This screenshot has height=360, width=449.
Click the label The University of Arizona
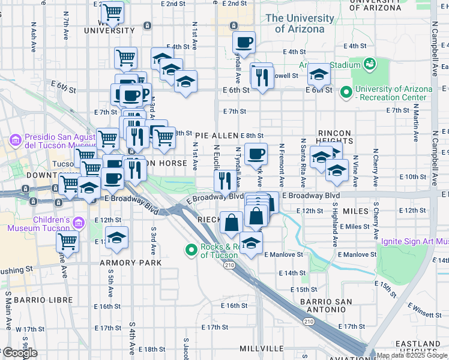pyautogui.click(x=300, y=23)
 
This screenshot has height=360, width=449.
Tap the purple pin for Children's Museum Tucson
pyautogui.click(x=77, y=223)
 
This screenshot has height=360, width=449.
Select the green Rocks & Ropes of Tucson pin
pyautogui.click(x=191, y=249)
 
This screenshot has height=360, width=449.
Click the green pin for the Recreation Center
pyautogui.click(x=345, y=92)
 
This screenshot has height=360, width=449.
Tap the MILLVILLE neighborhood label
pyautogui.click(x=262, y=349)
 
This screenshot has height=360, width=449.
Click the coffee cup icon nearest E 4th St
pyautogui.click(x=244, y=42)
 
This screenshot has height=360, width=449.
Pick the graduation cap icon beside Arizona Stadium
pyautogui.click(x=319, y=74)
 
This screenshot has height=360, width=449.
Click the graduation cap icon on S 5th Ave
pyautogui.click(x=116, y=236)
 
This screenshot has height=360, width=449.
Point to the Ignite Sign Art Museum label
pyautogui.click(x=415, y=242)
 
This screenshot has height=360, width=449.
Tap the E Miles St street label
pyautogui.click(x=354, y=226)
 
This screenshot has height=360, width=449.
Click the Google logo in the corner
pyautogui.click(x=20, y=353)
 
